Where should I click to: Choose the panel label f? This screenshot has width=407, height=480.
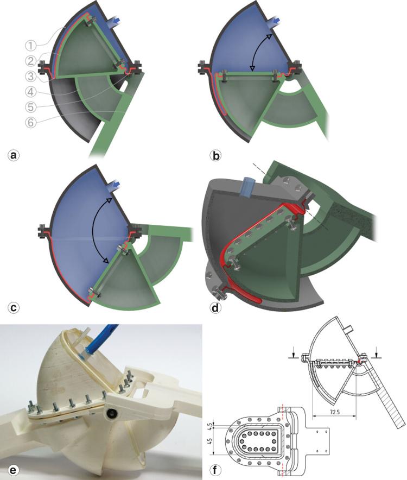[216, 468]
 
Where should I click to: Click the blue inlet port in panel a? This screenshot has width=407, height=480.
[115, 21]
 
